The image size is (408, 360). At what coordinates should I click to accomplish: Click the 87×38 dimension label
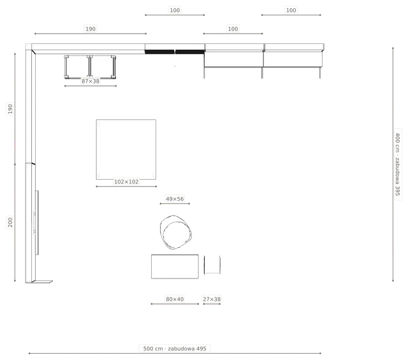click(91, 81)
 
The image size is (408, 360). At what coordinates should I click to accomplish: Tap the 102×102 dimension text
click(126, 182)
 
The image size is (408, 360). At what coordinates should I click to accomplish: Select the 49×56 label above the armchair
click(175, 199)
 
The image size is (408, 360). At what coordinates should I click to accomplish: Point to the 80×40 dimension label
click(175, 299)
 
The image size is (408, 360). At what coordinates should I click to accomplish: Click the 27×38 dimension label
click(212, 299)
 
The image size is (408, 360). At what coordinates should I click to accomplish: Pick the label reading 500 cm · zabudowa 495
click(175, 349)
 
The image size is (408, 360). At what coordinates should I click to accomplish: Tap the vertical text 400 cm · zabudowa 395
click(398, 164)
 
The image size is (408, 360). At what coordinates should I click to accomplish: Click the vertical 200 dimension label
click(10, 222)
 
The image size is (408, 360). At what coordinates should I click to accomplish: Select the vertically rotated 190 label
click(10, 109)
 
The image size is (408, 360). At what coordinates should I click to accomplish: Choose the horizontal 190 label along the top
click(91, 29)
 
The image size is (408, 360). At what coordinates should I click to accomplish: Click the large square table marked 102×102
click(126, 149)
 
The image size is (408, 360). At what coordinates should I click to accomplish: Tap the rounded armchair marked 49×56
click(176, 232)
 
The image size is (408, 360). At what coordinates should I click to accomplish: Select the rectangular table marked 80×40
click(175, 266)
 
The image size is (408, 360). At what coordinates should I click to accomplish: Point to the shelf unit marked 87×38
click(90, 67)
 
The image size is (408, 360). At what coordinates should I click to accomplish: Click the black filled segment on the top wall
click(175, 52)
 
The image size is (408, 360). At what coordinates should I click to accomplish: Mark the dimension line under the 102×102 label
click(126, 186)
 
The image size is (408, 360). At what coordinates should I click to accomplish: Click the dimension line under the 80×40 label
click(175, 304)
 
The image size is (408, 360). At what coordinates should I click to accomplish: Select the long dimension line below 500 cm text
click(175, 353)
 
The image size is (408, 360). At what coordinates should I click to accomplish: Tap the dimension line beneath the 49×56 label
click(175, 203)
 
